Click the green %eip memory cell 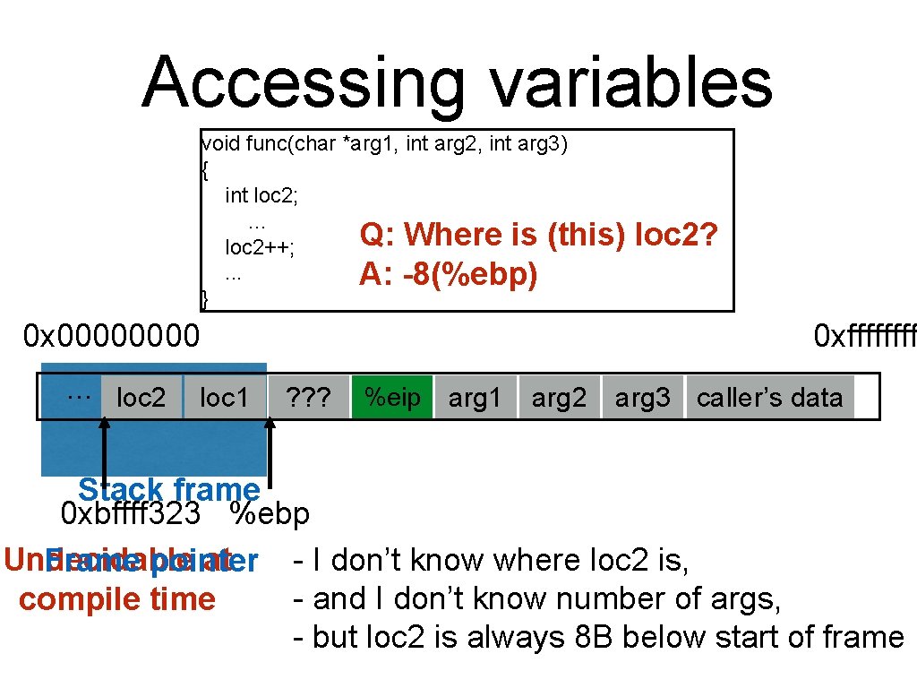pyautogui.click(x=392, y=397)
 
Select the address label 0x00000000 pyautogui.click(x=112, y=337)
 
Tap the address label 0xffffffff pyautogui.click(x=864, y=337)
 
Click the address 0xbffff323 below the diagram pyautogui.click(x=130, y=514)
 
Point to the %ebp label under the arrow pyautogui.click(x=270, y=514)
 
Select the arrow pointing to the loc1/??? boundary pyautogui.click(x=270, y=452)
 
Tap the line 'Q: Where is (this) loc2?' pyautogui.click(x=538, y=235)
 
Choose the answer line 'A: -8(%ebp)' pyautogui.click(x=448, y=274)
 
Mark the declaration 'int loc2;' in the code pyautogui.click(x=261, y=195)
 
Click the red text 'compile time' pyautogui.click(x=117, y=599)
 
